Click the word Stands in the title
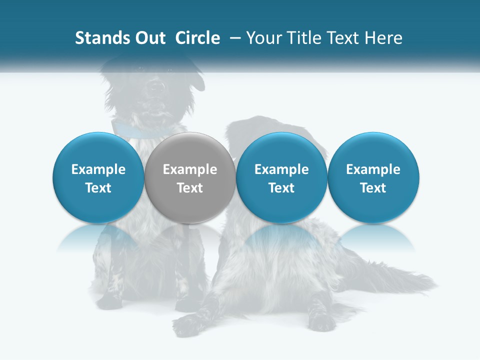(x=99, y=38)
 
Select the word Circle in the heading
(x=197, y=38)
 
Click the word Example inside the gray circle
(x=190, y=169)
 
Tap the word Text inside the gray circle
(x=190, y=188)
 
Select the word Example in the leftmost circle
(x=98, y=169)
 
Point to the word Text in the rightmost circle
(x=373, y=188)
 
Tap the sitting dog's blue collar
(x=135, y=130)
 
